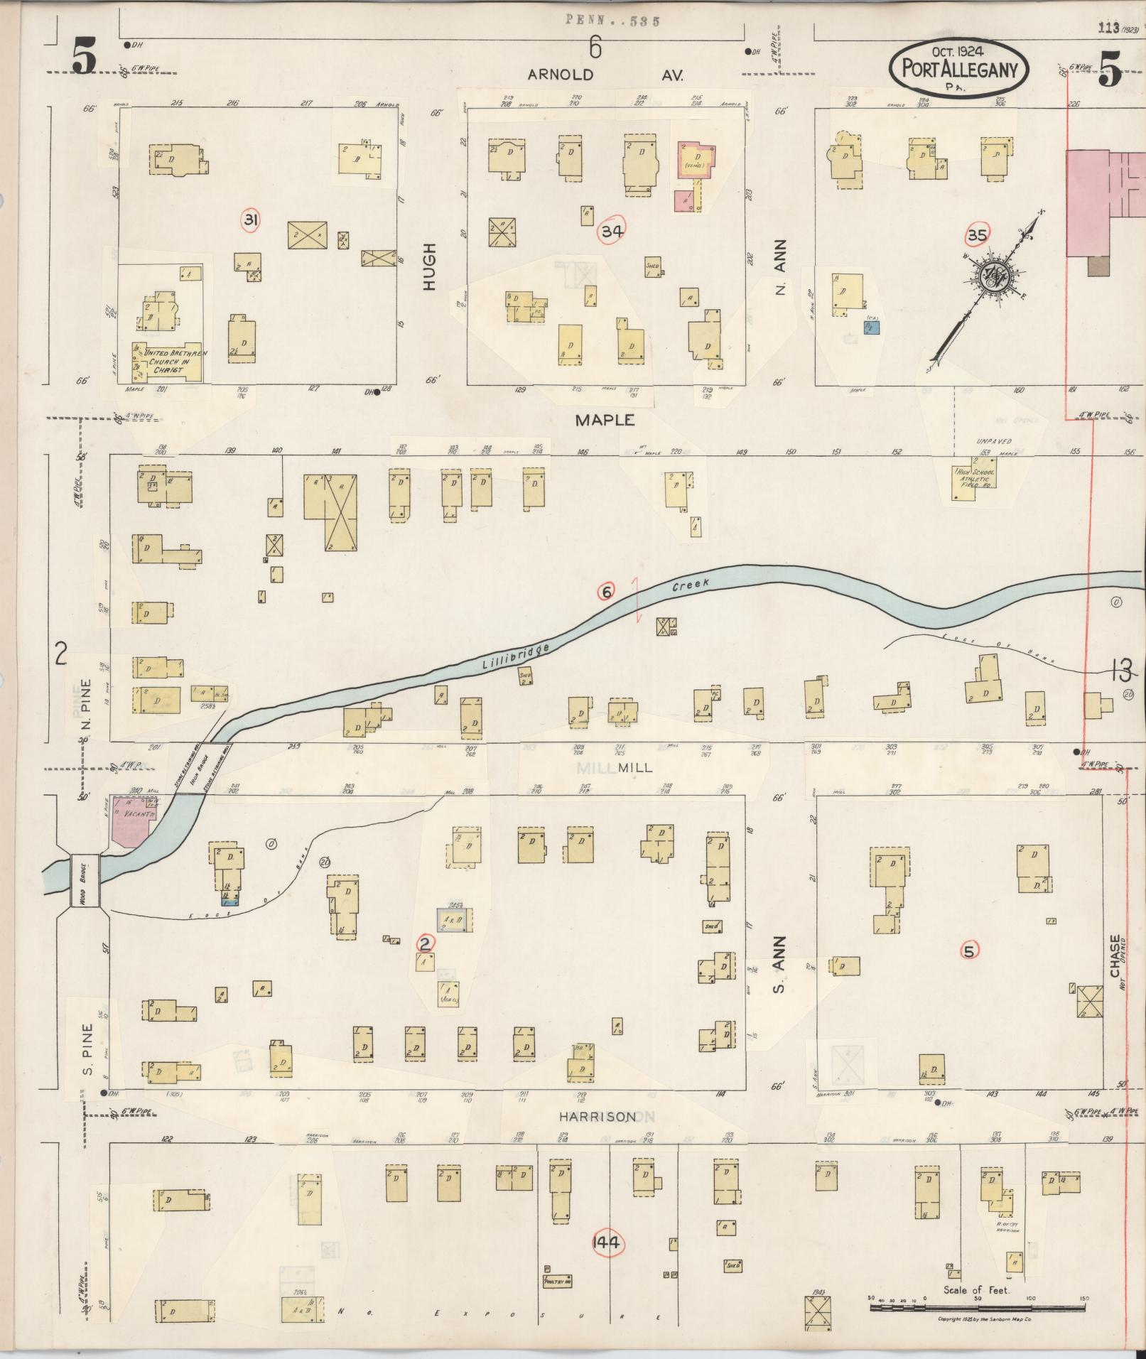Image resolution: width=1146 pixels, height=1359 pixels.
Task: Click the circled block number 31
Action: (x=250, y=221)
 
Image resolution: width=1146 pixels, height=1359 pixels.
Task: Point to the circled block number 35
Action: (x=978, y=234)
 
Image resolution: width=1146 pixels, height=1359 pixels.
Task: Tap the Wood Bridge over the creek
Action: (x=85, y=880)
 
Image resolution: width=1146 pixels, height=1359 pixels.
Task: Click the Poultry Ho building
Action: (x=557, y=1282)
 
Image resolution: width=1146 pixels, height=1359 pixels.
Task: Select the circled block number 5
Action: (x=970, y=950)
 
